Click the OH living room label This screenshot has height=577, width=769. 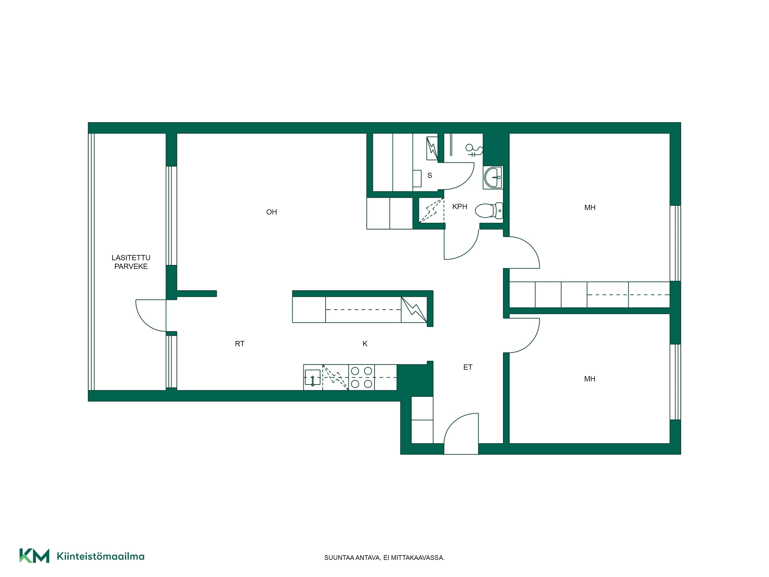coord(271,212)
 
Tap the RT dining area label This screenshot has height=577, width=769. coord(240,344)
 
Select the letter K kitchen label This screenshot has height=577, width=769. coord(365,344)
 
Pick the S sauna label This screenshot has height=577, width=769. coord(430,175)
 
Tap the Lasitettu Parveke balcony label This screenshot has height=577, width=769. coord(131,262)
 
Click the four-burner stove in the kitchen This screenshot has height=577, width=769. coord(362,377)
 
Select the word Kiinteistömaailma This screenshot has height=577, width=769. coord(101,556)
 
